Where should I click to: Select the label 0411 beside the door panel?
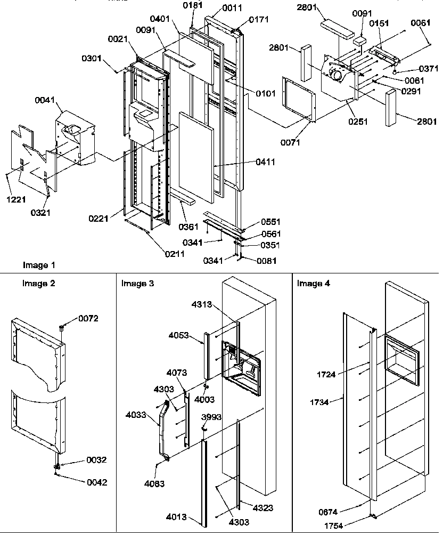[x=265, y=162]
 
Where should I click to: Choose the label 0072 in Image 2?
[x=88, y=318]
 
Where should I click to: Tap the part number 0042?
[x=96, y=482]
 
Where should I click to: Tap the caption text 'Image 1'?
[x=39, y=265]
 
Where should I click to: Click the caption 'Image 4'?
[x=313, y=284]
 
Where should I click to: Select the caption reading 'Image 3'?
[x=137, y=284]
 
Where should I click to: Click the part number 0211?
[x=174, y=254]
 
